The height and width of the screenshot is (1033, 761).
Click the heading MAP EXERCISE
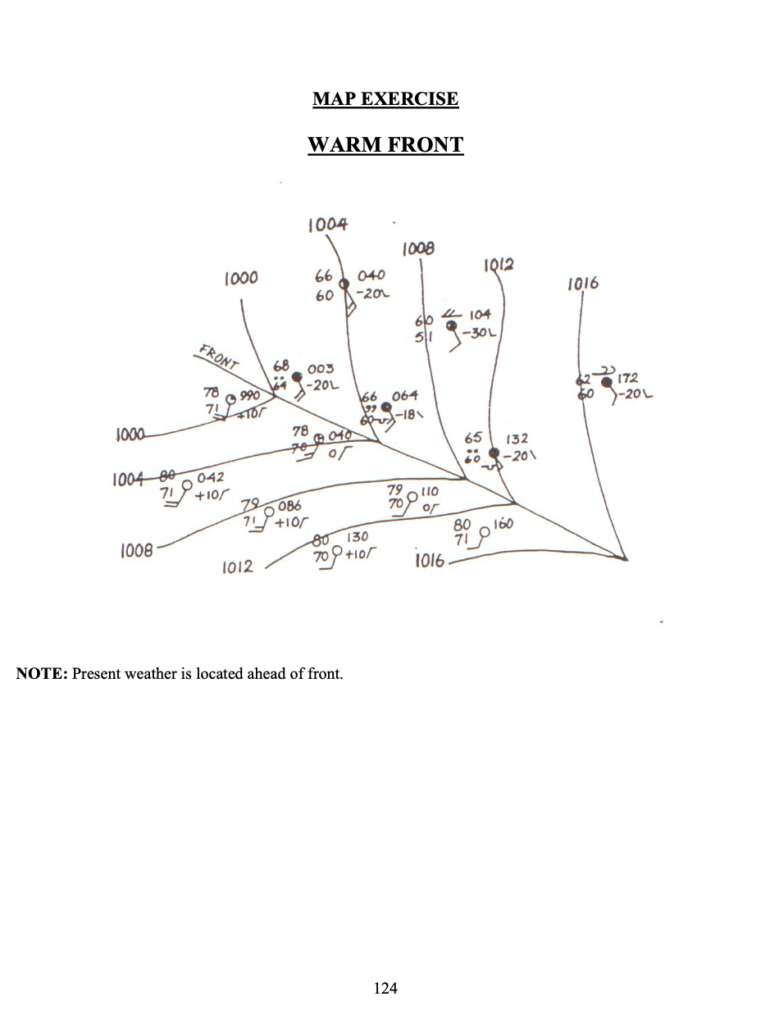click(385, 99)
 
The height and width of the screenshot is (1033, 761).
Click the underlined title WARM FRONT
click(385, 145)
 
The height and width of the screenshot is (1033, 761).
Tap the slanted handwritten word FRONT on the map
click(218, 357)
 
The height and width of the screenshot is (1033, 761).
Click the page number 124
click(385, 988)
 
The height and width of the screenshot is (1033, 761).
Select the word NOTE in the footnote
click(41, 675)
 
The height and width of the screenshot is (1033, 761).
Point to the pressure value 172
click(628, 379)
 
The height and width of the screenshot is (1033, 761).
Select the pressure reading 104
click(481, 315)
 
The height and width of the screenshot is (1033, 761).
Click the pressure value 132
click(517, 440)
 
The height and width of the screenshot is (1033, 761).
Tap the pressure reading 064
click(405, 397)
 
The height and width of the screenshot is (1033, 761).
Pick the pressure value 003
click(320, 371)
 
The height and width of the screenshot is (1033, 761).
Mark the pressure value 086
click(289, 507)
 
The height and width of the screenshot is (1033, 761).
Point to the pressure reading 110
click(430, 491)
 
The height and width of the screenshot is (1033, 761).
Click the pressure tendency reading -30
click(473, 334)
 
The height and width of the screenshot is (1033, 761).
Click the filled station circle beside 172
click(606, 382)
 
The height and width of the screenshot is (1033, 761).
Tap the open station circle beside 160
click(483, 531)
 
